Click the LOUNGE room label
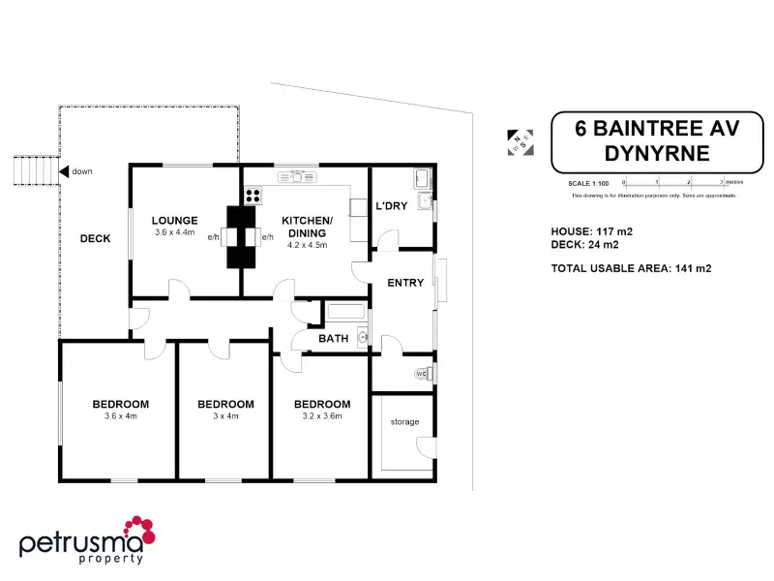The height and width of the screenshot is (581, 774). pyautogui.click(x=174, y=220)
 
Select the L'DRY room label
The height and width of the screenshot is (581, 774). pyautogui.click(x=391, y=206)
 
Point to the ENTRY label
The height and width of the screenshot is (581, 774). pyautogui.click(x=405, y=283)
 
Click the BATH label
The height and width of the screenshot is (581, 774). pyautogui.click(x=333, y=339)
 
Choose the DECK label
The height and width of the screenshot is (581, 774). pyautogui.click(x=95, y=238)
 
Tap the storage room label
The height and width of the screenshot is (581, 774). pyautogui.click(x=404, y=422)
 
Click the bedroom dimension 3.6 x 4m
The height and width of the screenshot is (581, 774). pyautogui.click(x=121, y=416)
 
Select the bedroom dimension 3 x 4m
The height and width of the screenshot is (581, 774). pyautogui.click(x=225, y=416)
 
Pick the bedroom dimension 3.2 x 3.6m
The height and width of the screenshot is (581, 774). pyautogui.click(x=322, y=416)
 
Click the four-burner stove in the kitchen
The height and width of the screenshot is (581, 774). pyautogui.click(x=252, y=195)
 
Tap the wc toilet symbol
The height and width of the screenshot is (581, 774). pyautogui.click(x=422, y=373)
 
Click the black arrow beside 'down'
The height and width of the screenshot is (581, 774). pyautogui.click(x=64, y=171)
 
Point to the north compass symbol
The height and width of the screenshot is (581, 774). pyautogui.click(x=521, y=141)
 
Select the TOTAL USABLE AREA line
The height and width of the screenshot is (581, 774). pyautogui.click(x=631, y=268)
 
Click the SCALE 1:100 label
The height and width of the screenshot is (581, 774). pyautogui.click(x=588, y=183)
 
